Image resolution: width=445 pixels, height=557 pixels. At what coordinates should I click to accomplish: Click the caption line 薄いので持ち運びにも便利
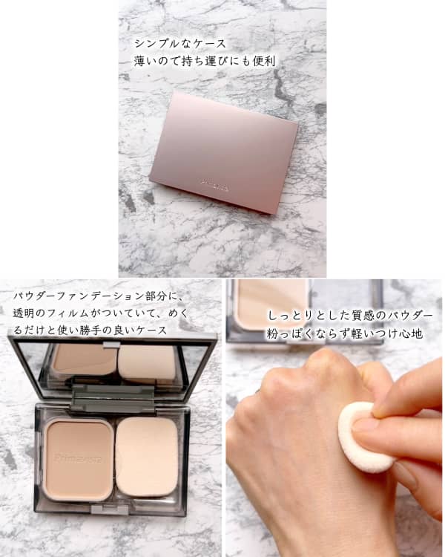point(203,61)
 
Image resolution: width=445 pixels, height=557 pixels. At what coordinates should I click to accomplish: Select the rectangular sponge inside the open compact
point(146,455)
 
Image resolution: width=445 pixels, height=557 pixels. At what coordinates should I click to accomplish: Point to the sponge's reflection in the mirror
point(148,363)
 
